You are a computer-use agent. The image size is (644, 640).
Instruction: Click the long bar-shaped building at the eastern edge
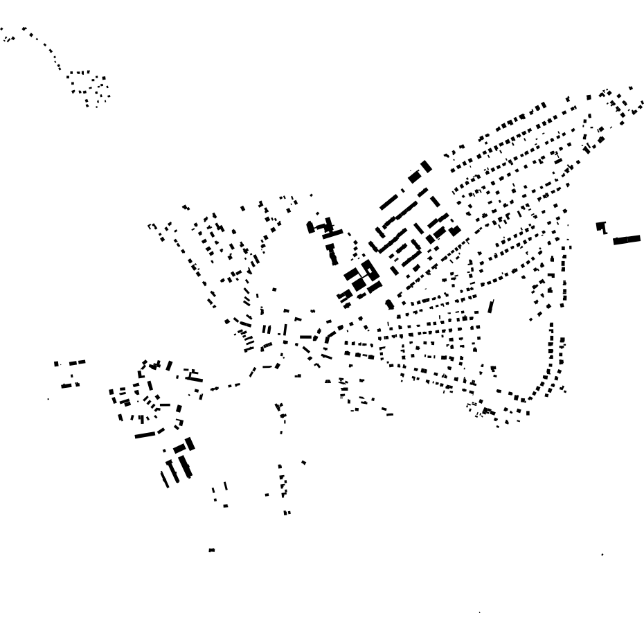[627, 240]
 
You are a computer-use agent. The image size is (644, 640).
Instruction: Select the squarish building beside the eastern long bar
[601, 226]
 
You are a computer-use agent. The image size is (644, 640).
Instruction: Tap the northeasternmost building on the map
[631, 88]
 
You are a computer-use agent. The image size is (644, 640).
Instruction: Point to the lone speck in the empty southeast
[602, 555]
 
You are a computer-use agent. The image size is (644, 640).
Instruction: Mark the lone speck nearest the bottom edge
[480, 612]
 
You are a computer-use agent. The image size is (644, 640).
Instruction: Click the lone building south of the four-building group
[211, 550]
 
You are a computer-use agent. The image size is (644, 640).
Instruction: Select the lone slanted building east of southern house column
[303, 462]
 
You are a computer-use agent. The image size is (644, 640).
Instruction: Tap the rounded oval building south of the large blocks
[390, 304]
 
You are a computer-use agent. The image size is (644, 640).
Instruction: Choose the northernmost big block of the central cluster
[425, 166]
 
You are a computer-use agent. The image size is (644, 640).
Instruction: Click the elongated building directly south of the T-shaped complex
[333, 255]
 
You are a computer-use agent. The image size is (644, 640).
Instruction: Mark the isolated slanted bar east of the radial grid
[491, 306]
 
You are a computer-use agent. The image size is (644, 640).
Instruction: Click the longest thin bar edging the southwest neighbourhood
[145, 435]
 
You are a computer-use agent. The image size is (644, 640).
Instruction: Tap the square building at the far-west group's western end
[57, 364]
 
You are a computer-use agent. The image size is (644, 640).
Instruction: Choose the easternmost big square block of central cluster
[454, 231]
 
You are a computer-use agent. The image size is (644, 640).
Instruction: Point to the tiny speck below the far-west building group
[48, 398]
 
